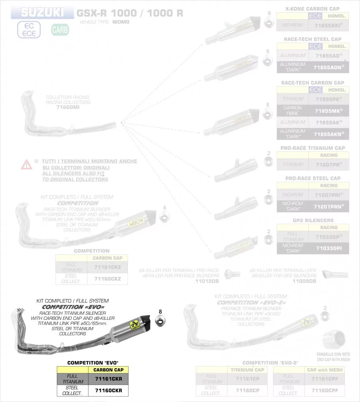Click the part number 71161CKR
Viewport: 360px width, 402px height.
[108, 379]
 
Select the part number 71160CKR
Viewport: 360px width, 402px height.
[108, 390]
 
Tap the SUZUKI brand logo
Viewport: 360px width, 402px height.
[42, 13]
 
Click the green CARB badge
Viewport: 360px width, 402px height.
[60, 30]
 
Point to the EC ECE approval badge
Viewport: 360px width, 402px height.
[29, 30]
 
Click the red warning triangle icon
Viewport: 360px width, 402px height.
[26, 164]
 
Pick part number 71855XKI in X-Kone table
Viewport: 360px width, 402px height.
[328, 25]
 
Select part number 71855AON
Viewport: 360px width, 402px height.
[328, 67]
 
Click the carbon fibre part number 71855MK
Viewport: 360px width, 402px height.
[328, 111]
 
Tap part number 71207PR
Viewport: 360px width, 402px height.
[328, 165]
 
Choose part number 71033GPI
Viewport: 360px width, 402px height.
[329, 248]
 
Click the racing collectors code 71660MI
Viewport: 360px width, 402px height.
[68, 107]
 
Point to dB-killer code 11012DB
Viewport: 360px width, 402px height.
[207, 281]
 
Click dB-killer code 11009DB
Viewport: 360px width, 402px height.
[304, 281]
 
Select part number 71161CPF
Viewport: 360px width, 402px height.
[325, 379]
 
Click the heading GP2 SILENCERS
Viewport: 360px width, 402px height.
[313, 220]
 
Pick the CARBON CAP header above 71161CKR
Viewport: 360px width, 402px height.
[108, 370]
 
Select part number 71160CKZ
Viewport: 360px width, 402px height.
[107, 279]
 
